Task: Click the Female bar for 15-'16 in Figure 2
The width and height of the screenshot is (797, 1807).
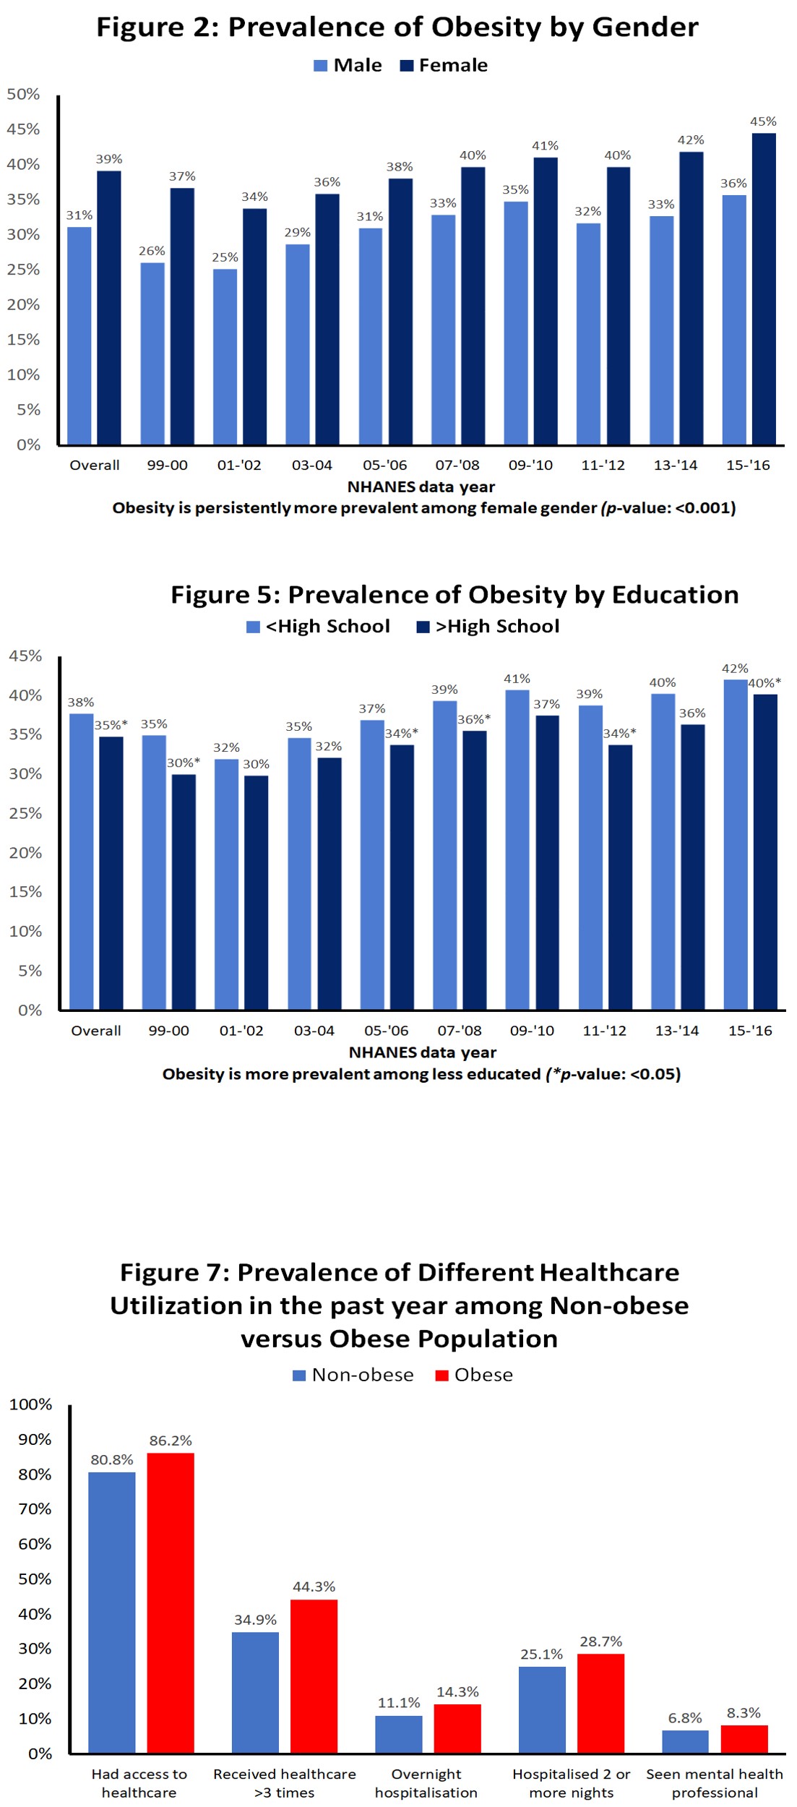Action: coord(763,289)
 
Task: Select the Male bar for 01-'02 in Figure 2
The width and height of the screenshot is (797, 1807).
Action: coord(225,357)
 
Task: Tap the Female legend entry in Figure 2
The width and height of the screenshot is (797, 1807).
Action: coord(444,66)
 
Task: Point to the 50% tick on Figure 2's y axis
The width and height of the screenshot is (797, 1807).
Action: coord(23,95)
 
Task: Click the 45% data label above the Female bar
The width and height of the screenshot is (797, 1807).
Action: coord(763,121)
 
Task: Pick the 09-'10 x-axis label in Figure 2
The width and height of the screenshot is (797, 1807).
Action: coord(530,465)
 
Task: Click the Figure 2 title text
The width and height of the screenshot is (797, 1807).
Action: coord(397,27)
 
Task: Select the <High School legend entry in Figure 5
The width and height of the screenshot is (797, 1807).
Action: coord(318,627)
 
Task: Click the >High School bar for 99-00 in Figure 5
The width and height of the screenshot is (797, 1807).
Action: coord(184,892)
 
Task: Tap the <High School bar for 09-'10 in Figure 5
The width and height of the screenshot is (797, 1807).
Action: coord(517,850)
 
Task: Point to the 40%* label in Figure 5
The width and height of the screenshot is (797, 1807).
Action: coord(764,683)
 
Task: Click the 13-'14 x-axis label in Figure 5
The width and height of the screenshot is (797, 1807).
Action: coord(677,1031)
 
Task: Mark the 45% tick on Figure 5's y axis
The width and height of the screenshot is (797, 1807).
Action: coord(25,656)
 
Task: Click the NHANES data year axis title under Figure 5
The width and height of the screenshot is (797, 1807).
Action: coord(423,1052)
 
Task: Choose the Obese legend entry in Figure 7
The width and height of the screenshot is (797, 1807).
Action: coord(474,1375)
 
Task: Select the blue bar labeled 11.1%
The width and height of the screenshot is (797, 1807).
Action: coord(398,1734)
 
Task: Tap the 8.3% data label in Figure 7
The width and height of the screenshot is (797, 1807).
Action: coord(744,1713)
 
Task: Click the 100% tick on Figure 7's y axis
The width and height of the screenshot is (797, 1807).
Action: coord(30,1404)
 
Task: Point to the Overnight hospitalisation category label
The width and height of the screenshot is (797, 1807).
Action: coord(426,1783)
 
